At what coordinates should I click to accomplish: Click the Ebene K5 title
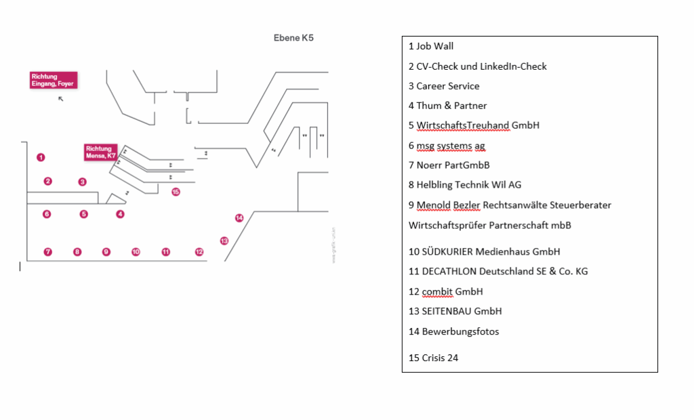tap(293, 38)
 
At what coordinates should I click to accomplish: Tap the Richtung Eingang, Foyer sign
tap(53, 80)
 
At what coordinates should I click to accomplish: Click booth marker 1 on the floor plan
tap(41, 157)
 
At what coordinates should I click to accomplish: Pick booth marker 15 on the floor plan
tap(176, 192)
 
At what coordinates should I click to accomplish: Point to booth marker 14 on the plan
tap(239, 217)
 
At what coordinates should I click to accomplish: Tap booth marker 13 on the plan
tap(224, 240)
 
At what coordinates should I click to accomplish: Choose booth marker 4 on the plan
tap(120, 214)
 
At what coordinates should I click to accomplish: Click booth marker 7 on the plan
tap(47, 252)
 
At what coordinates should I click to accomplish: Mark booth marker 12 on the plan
tap(199, 252)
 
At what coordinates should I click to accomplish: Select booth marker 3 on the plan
tap(82, 182)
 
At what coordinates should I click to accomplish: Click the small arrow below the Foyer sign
tap(60, 99)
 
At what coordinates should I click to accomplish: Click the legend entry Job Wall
tap(431, 47)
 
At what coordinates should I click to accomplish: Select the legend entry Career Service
tap(444, 86)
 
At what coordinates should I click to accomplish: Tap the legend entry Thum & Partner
tap(447, 106)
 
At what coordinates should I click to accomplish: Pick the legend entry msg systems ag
tap(447, 146)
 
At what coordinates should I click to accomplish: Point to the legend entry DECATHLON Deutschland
tap(498, 272)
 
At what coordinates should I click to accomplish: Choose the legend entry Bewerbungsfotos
tap(453, 332)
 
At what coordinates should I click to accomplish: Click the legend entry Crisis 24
tap(433, 358)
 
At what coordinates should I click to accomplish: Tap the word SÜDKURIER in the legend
tap(447, 252)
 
